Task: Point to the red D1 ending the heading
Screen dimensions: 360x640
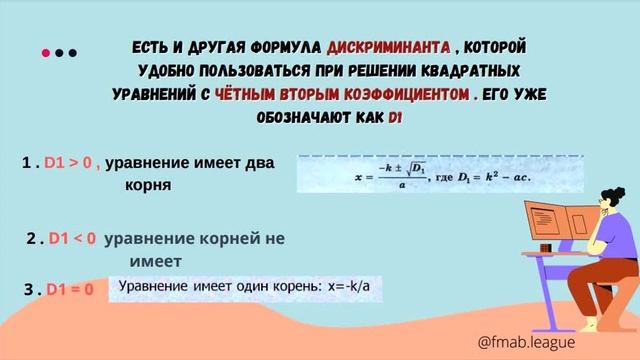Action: [394, 118]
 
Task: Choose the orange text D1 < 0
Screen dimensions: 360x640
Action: [72, 239]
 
